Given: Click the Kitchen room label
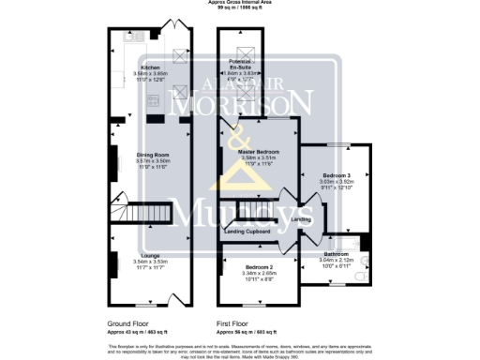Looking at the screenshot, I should click(x=150, y=68).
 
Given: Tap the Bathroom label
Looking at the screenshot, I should click(x=337, y=254).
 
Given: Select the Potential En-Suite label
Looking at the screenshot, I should click(x=242, y=67).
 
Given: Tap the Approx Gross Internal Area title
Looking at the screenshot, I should click(x=240, y=4).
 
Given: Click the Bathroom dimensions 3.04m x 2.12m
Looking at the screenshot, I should click(x=337, y=260).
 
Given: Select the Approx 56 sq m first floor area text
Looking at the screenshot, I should click(x=247, y=332).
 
